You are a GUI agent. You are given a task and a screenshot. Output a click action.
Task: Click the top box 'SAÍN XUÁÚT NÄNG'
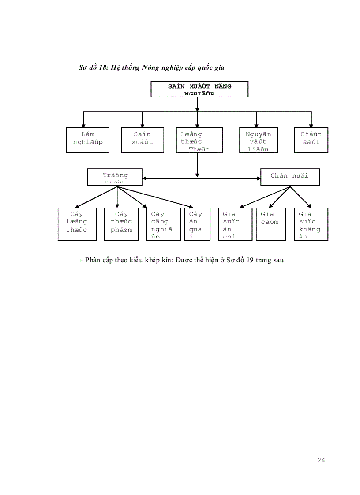(199, 89)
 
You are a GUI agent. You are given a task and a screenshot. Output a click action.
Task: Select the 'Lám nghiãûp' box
(88, 140)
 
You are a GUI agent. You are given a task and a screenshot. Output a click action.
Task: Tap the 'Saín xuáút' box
(142, 140)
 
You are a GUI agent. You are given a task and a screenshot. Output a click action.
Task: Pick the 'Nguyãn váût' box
(258, 140)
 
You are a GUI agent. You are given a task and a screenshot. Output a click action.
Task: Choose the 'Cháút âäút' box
(311, 140)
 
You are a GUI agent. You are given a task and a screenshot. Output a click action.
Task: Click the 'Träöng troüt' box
(115, 177)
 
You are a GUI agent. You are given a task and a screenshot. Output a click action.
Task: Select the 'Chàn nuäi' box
(289, 177)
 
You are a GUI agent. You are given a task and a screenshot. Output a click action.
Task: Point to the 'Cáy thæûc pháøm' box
(121, 224)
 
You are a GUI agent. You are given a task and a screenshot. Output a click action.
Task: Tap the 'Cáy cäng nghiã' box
(163, 224)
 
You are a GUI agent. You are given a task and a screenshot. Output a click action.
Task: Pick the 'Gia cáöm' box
(270, 224)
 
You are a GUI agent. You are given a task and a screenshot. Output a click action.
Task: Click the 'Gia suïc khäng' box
(311, 224)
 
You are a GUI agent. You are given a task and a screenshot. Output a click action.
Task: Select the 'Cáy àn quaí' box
(195, 224)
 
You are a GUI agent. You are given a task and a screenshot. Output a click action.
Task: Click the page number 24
(321, 460)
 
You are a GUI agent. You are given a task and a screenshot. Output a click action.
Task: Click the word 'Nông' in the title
(151, 67)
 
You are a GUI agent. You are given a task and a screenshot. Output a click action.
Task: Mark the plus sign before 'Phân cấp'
(81, 260)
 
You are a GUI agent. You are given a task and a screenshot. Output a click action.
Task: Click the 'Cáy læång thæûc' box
(77, 224)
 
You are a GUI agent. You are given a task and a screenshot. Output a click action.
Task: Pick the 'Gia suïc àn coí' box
(235, 224)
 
